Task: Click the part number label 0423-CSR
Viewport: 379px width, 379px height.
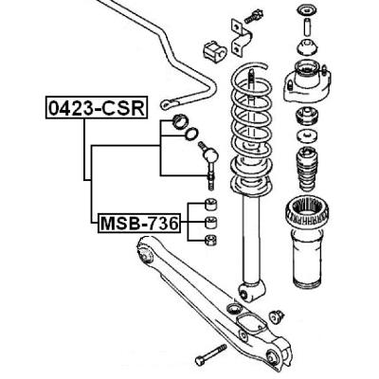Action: point(97,107)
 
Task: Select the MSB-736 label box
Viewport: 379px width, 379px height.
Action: point(139,224)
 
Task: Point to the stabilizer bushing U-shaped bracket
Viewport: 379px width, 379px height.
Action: point(242,37)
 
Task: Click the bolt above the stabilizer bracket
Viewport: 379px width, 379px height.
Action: point(254,16)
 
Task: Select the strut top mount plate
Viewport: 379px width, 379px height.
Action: point(307,81)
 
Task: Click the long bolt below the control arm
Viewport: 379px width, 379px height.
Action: point(210,355)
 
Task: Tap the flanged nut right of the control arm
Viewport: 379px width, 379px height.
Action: point(277,316)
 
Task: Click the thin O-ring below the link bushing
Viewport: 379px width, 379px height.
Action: point(191,135)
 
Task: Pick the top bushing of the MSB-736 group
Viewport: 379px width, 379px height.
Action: point(210,204)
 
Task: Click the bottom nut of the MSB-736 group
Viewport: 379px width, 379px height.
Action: point(210,241)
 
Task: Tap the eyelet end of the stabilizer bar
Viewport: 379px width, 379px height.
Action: point(168,104)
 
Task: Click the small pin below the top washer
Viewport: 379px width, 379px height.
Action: point(306,27)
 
